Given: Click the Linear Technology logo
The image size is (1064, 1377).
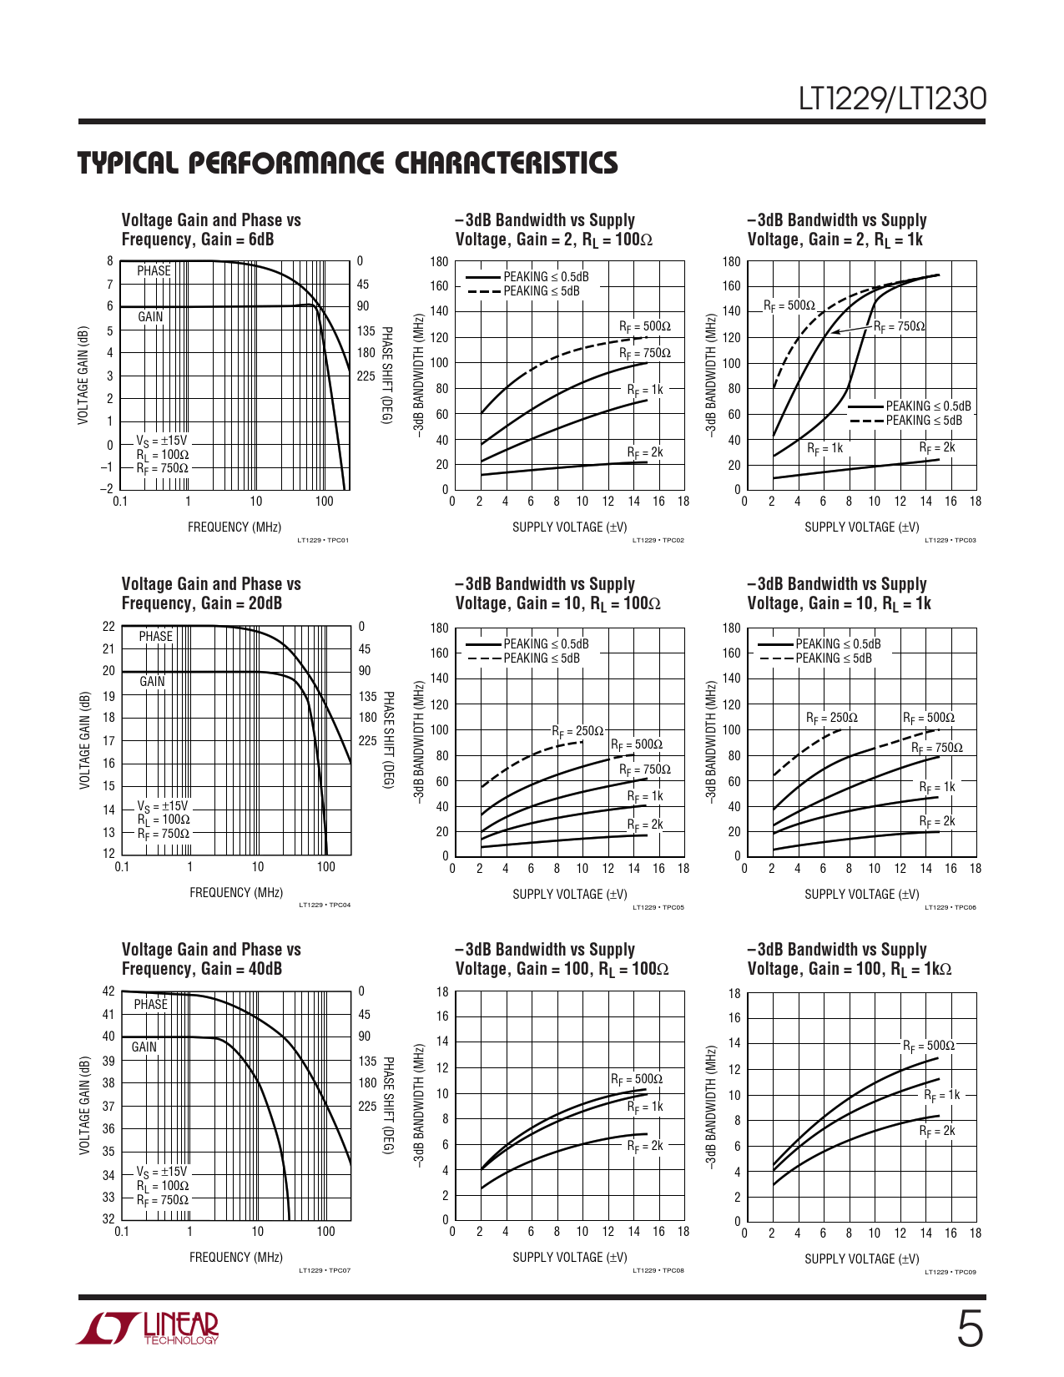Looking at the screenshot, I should (149, 1329).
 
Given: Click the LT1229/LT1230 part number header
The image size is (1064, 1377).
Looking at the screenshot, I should (892, 99).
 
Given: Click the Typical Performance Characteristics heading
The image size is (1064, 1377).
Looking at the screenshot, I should (348, 163).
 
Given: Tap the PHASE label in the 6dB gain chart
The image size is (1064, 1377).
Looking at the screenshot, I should (154, 271).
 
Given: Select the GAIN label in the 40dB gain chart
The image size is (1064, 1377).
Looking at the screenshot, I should (144, 1047).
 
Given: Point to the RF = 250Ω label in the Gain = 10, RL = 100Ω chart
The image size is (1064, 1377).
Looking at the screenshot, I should (577, 731).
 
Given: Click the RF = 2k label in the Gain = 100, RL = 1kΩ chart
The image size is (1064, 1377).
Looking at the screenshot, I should (937, 1132).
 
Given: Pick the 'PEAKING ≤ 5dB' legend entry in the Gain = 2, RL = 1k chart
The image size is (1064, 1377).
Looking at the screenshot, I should (924, 421).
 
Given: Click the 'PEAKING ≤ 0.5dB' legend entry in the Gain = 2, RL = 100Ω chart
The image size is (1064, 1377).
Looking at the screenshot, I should (546, 277).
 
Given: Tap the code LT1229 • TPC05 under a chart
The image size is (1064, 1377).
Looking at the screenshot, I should (658, 907).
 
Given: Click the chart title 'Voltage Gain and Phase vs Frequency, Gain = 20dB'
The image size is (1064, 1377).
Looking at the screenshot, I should (211, 593).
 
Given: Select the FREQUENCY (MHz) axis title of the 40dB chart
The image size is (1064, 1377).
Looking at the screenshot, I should (236, 1257).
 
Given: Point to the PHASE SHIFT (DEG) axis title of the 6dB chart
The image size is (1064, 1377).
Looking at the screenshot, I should (386, 375).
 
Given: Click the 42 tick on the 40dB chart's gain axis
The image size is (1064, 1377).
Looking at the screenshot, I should (108, 991).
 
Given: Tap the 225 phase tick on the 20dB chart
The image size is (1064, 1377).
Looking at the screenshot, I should (367, 740).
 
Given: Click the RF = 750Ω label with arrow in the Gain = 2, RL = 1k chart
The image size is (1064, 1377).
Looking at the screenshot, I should (900, 326).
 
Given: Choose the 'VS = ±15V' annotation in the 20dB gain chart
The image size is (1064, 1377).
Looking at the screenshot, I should (163, 806).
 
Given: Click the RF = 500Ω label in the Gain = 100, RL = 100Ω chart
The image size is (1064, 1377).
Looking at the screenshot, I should (637, 1080).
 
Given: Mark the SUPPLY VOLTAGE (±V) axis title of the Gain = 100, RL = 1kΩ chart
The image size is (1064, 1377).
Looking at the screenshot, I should (862, 1258).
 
